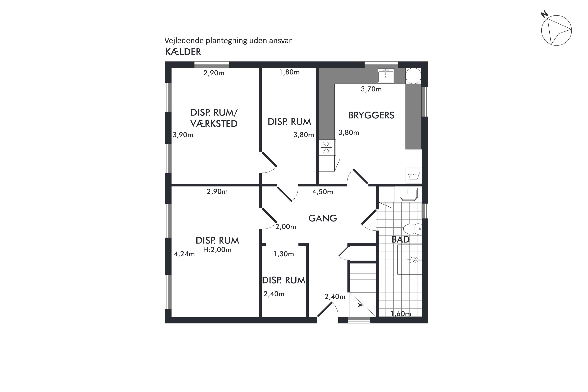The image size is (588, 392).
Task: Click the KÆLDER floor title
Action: click(x=183, y=52)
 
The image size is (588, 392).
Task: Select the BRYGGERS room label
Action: click(x=371, y=115)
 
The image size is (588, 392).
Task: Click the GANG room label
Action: click(x=322, y=218)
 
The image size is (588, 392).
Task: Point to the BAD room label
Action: click(x=400, y=240)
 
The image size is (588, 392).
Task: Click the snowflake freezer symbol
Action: click(x=327, y=148)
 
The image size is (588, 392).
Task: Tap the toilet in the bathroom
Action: click(x=412, y=229)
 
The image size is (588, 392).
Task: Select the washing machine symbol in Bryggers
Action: click(x=414, y=175)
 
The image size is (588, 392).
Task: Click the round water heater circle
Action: click(x=413, y=76)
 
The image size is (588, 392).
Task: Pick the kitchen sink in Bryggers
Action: click(x=386, y=75)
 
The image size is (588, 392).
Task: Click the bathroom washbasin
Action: click(x=408, y=194)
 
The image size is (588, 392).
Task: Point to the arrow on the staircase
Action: click(x=357, y=305)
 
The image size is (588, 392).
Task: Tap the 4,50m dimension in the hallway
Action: click(x=322, y=192)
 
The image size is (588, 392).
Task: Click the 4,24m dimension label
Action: click(x=184, y=254)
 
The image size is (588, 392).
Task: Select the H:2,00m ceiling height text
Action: click(x=217, y=250)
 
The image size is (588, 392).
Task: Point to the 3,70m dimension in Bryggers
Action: click(x=371, y=89)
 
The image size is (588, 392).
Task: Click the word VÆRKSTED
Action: click(x=214, y=124)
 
